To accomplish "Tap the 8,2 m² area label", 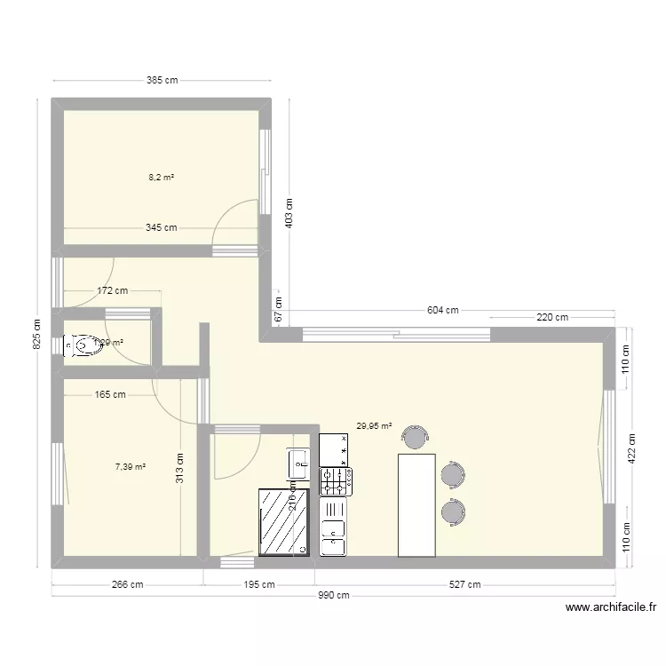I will click(161, 178).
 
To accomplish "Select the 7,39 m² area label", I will click(131, 465).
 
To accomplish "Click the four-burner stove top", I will click(336, 481).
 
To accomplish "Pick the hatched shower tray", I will click(284, 521).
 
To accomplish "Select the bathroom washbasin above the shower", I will click(297, 462).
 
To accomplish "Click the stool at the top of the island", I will click(415, 437).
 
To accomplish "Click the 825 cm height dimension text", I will click(36, 335).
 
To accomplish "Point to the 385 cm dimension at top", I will click(162, 80).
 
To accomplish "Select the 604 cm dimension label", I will click(442, 310).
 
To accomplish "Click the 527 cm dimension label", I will click(464, 584).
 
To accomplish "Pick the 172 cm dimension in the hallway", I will click(111, 290).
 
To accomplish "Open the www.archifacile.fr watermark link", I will click(611, 608).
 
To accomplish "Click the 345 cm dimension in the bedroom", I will click(161, 227).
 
